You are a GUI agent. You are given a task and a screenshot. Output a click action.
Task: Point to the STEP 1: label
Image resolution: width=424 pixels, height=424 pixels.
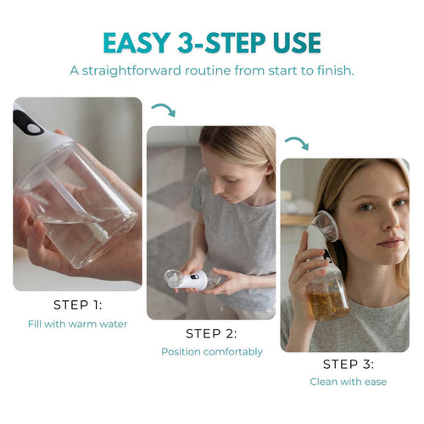[77, 304]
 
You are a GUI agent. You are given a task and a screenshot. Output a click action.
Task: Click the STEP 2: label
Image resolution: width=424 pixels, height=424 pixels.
[211, 333]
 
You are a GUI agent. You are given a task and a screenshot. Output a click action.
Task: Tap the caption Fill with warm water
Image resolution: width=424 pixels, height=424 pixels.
[77, 323]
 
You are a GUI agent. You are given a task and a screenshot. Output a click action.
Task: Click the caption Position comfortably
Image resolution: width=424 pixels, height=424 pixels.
[211, 351]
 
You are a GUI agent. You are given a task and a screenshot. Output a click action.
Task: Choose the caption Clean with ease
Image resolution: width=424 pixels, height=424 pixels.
[348, 382]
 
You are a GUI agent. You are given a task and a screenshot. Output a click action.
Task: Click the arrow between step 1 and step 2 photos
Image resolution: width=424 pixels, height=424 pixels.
[163, 109]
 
